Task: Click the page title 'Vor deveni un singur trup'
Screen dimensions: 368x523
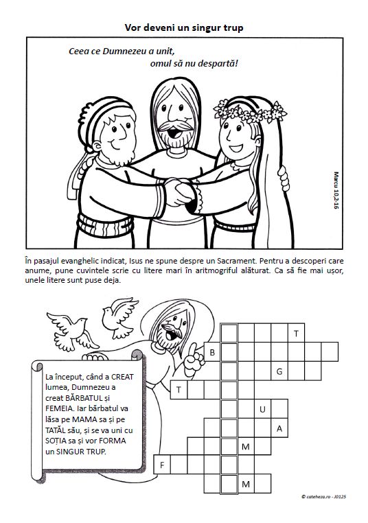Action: pyautogui.click(x=184, y=27)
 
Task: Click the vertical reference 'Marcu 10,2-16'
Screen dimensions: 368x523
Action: pyautogui.click(x=336, y=190)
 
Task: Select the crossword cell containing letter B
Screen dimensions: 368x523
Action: pyautogui.click(x=212, y=352)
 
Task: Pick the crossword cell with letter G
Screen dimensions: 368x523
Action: pyautogui.click(x=279, y=371)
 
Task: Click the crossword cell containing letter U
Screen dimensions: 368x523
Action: pyautogui.click(x=262, y=409)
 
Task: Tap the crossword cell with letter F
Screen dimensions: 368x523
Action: pyautogui.click(x=162, y=465)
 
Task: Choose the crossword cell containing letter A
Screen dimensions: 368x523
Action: pyautogui.click(x=279, y=428)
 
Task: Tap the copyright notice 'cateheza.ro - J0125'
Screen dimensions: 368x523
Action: pyautogui.click(x=323, y=497)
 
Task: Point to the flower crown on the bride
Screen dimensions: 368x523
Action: pyautogui.click(x=249, y=113)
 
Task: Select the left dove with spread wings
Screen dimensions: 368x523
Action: pyautogui.click(x=71, y=331)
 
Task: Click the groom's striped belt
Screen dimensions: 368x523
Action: pyautogui.click(x=106, y=226)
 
